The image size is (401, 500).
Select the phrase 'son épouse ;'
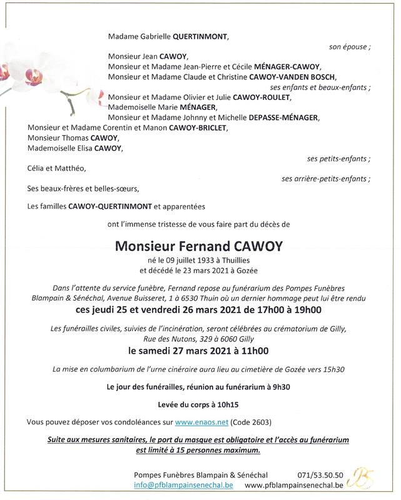click(x=349, y=47)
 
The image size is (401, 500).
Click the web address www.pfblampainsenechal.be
click(x=293, y=485)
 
